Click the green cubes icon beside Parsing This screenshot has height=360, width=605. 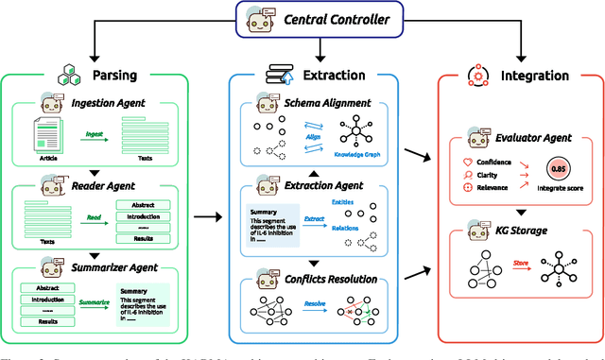tap(66, 76)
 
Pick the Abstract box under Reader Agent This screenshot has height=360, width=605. tap(142, 205)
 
